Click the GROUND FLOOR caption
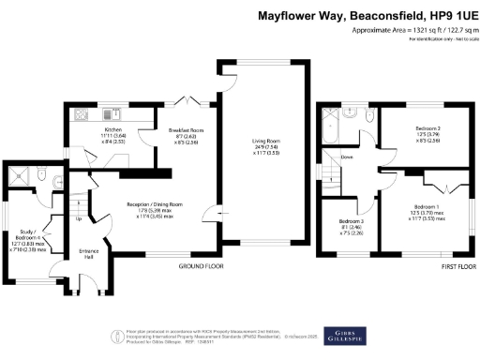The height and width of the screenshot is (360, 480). click(201, 267)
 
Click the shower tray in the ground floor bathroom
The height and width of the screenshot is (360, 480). click(16, 174)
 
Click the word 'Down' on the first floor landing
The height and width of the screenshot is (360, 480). click(348, 157)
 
